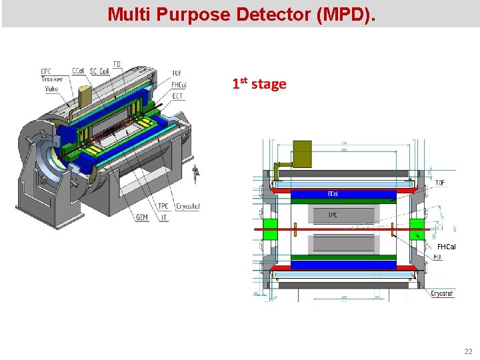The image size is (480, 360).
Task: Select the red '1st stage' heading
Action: (259, 84)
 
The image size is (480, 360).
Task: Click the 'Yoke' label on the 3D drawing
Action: (51, 89)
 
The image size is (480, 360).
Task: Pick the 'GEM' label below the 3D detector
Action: (141, 217)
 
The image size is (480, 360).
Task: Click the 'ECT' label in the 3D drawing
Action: (178, 96)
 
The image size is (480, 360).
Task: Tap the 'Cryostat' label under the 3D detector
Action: (187, 207)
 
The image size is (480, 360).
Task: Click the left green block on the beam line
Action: (270, 229)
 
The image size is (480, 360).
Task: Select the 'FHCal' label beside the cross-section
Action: (446, 247)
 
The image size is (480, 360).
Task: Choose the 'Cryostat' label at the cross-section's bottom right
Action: (443, 293)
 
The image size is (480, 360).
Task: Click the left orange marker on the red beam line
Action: (294, 229)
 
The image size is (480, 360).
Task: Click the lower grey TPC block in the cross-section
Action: (343, 244)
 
